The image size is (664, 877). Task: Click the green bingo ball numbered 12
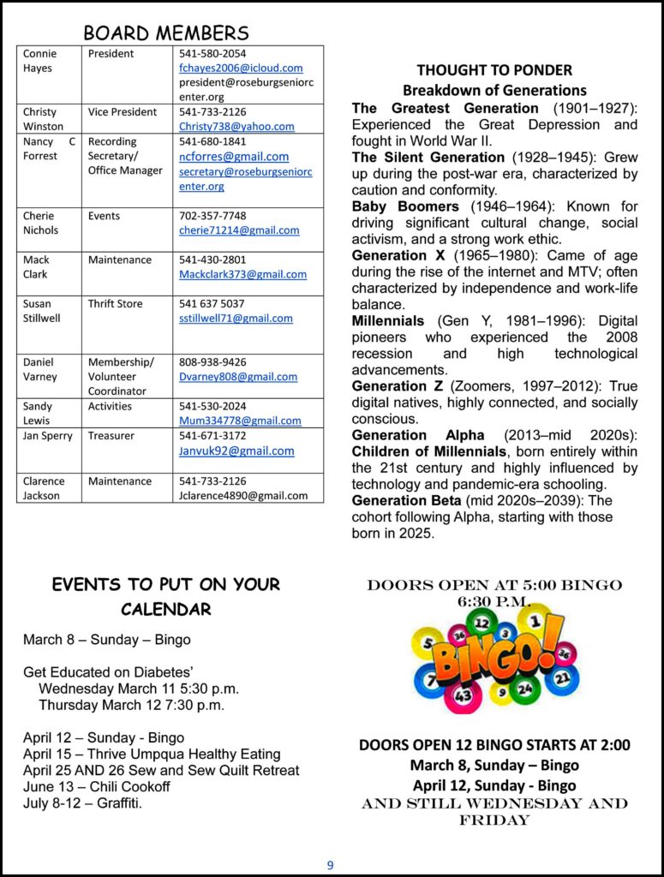(x=482, y=623)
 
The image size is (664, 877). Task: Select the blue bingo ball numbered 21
(x=562, y=677)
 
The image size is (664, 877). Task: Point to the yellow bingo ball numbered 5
(x=428, y=642)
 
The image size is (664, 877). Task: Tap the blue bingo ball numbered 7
(x=429, y=680)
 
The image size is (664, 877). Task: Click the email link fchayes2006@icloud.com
(x=241, y=68)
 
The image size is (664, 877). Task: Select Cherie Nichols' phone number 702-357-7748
(x=212, y=216)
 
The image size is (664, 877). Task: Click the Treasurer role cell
(x=111, y=436)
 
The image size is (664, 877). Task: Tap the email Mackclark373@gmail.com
(x=242, y=274)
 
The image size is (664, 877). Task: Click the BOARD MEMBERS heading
(x=166, y=33)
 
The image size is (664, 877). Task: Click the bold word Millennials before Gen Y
(x=388, y=321)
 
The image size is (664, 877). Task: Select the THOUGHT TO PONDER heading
(x=494, y=70)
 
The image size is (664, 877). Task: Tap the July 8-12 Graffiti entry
(x=83, y=802)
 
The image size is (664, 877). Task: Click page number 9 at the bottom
(x=331, y=865)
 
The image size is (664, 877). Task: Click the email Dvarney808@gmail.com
(x=238, y=376)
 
